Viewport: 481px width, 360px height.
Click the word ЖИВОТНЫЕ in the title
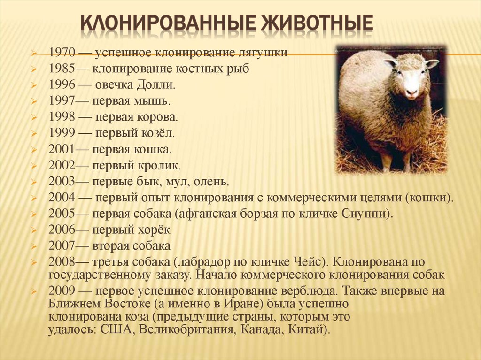317,23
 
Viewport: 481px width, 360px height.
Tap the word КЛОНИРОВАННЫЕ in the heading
168,23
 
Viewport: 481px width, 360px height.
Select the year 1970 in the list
62,53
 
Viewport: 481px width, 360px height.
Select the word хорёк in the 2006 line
153,230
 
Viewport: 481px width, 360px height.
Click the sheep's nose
411,92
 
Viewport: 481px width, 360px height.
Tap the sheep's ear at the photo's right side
432,63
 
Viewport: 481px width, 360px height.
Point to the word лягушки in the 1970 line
263,53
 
